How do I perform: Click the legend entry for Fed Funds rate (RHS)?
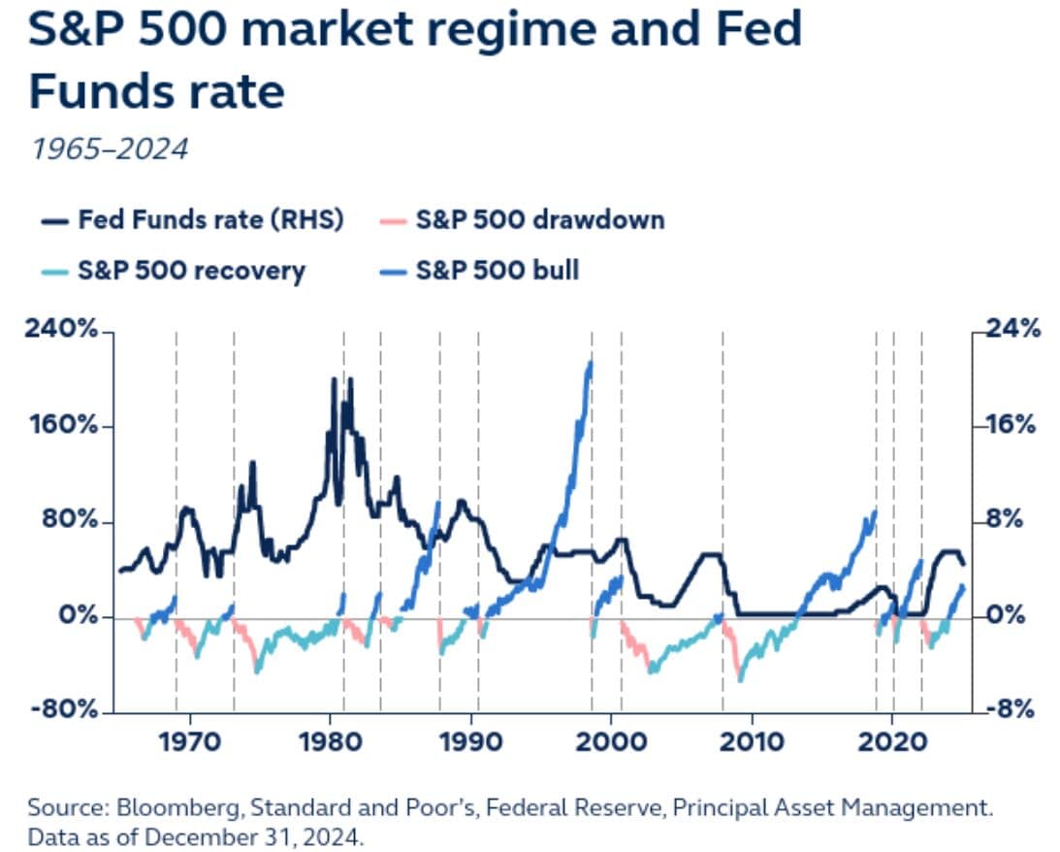[211, 220]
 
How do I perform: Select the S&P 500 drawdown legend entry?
[540, 220]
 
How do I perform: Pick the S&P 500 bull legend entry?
[497, 269]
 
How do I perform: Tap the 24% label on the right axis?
[1013, 330]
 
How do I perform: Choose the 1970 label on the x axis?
[190, 745]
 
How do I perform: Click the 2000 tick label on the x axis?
[611, 745]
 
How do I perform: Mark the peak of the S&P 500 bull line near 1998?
[590, 362]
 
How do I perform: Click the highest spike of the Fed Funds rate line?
[335, 379]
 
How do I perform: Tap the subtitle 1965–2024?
[108, 148]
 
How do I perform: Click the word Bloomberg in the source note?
[165, 807]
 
